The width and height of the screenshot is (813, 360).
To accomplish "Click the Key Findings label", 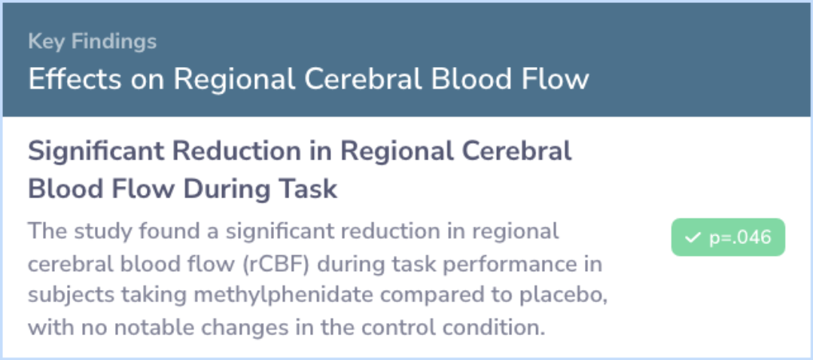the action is pyautogui.click(x=93, y=42).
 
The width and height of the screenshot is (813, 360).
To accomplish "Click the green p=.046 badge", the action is pyautogui.click(x=728, y=237).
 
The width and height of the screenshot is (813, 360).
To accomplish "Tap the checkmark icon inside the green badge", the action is pyautogui.click(x=693, y=237).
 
